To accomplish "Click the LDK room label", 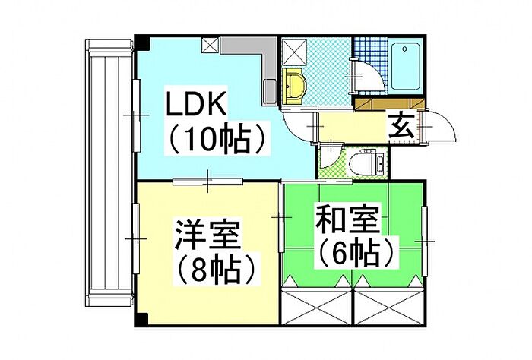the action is click(196, 103).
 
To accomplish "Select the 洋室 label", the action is click(207, 235).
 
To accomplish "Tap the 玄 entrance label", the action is click(402, 125).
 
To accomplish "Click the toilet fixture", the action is click(367, 162).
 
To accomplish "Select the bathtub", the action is click(404, 66).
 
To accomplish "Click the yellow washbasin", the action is click(294, 85).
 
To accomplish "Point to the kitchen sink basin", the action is click(271, 92).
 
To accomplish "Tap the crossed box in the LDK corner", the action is click(211, 46).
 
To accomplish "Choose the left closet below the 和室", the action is click(317, 308).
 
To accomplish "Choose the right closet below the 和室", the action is click(389, 308).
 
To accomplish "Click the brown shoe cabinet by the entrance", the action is click(389, 104).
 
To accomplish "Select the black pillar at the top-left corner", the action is click(142, 43).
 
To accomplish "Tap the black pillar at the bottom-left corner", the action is click(142, 319).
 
